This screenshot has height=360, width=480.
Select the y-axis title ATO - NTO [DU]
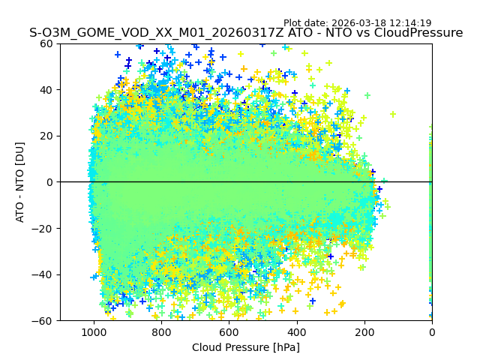click(x=20, y=182)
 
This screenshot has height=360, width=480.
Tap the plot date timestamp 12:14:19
click(x=409, y=23)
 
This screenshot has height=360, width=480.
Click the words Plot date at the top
click(x=304, y=23)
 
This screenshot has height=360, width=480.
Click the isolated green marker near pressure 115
click(x=393, y=114)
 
